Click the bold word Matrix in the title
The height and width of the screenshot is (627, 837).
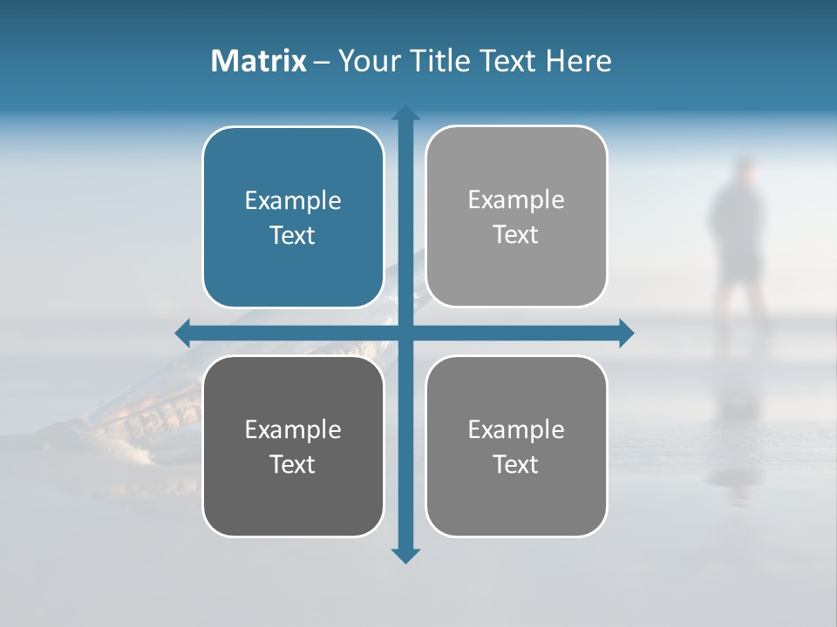click(258, 61)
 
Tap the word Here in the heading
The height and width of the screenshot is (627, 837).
click(578, 61)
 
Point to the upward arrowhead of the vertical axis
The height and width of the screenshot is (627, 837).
click(405, 113)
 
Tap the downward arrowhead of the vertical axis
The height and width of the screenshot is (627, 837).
click(405, 555)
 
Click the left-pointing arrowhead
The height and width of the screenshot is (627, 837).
click(183, 333)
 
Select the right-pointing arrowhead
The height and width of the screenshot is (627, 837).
click(626, 333)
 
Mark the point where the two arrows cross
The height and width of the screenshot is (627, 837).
click(405, 333)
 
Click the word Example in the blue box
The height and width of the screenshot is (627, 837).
click(293, 200)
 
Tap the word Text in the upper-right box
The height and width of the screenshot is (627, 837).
click(516, 235)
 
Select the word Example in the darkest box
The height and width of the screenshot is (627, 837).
click(293, 429)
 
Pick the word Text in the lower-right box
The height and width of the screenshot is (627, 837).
click(516, 464)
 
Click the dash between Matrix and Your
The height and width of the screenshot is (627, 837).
click(322, 62)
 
